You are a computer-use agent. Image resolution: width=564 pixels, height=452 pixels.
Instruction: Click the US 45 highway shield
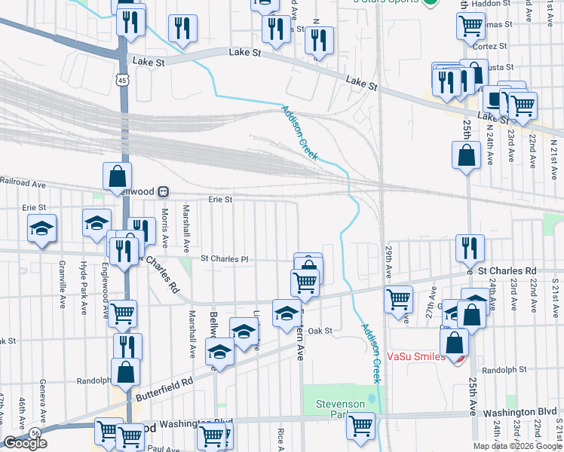(123, 79)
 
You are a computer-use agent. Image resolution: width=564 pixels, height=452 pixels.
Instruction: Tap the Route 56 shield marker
(35, 432)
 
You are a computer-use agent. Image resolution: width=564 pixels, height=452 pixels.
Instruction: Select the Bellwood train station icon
(163, 191)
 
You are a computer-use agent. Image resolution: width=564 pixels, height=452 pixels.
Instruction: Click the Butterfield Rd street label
(164, 389)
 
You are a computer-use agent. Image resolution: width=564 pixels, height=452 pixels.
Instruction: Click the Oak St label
(320, 330)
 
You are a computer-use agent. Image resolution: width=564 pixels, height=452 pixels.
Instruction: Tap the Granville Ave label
(58, 271)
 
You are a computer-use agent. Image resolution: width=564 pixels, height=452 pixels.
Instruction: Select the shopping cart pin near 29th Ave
(397, 298)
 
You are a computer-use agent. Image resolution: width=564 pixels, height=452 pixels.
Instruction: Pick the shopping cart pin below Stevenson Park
(361, 425)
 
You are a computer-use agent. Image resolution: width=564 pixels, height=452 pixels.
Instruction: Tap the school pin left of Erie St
(42, 228)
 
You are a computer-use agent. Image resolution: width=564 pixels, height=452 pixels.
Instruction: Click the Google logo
(25, 443)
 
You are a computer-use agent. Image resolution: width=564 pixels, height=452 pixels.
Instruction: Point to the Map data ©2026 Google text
(517, 446)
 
